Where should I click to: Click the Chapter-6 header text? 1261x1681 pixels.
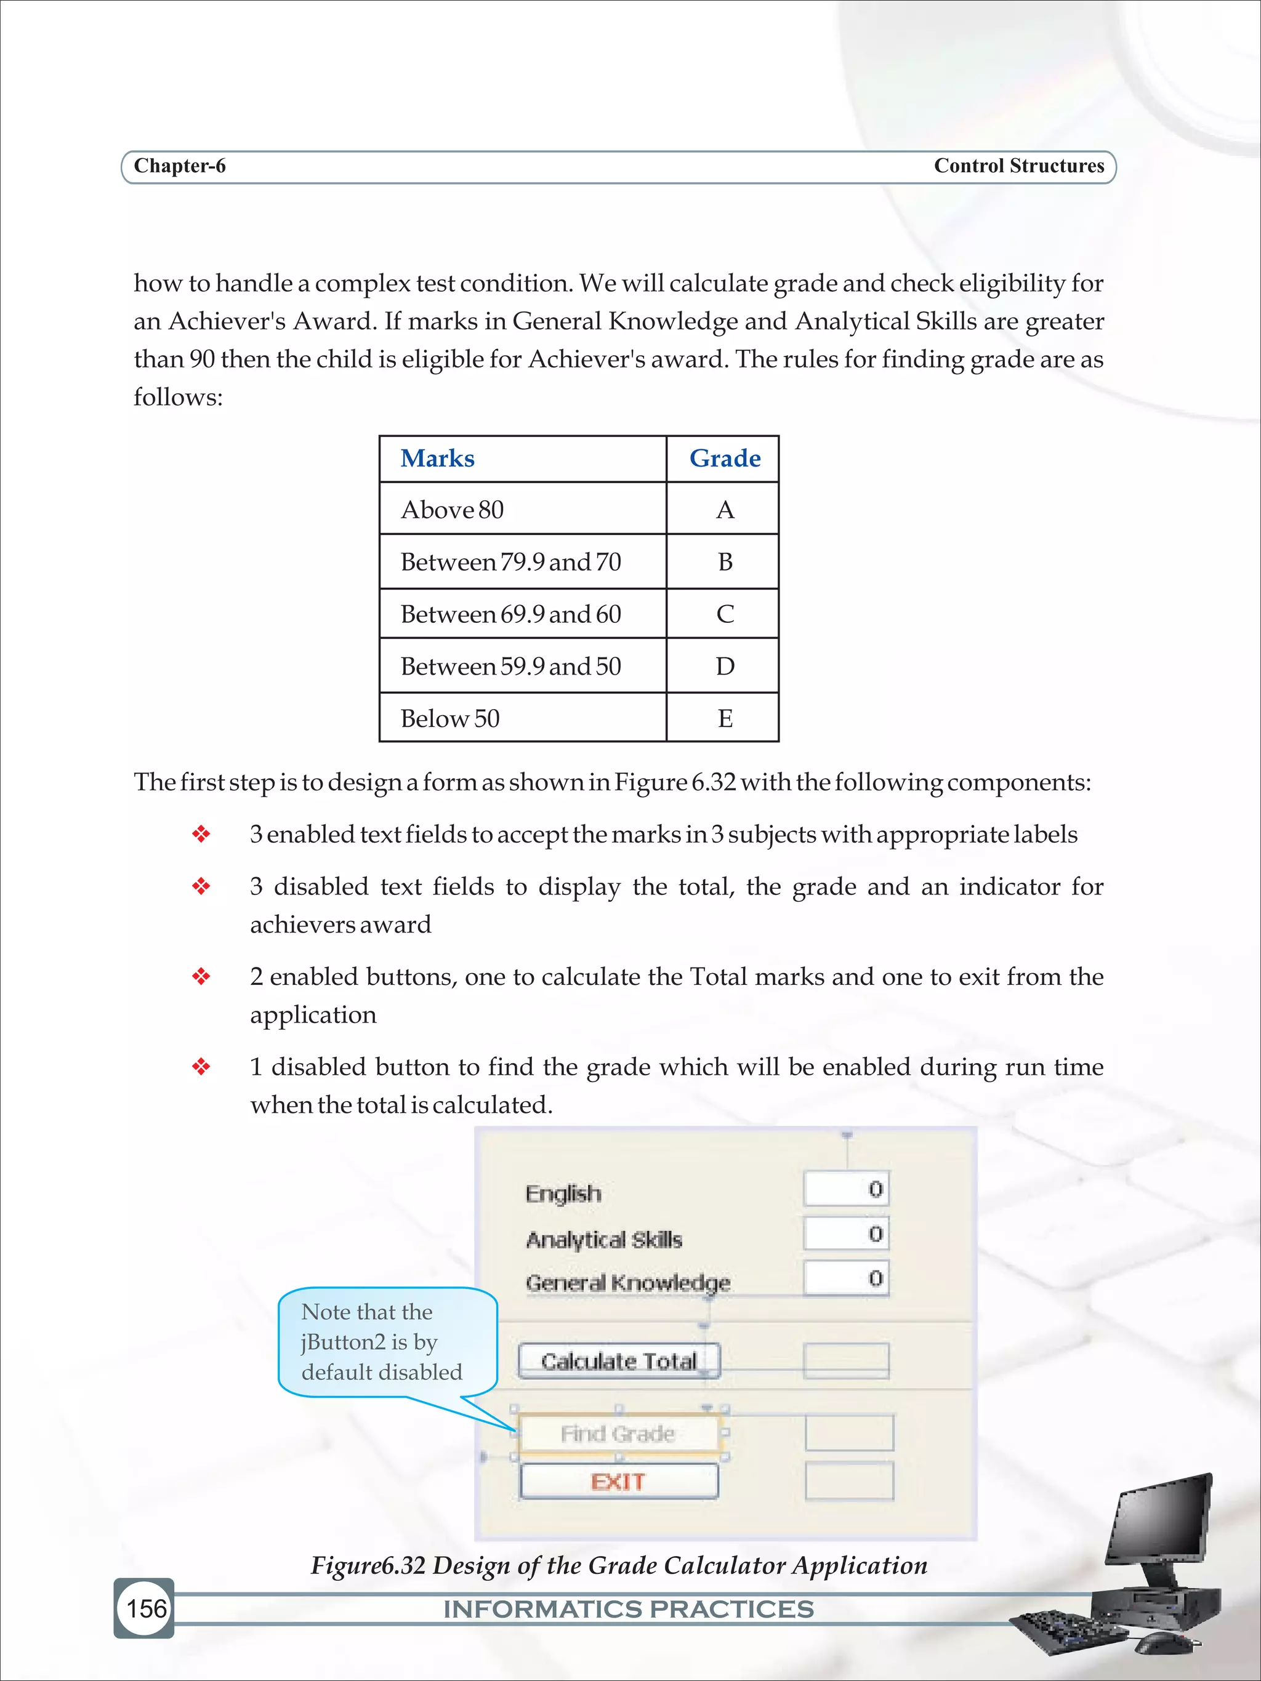point(179,166)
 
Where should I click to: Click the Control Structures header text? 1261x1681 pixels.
point(1018,166)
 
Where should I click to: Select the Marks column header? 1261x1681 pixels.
point(437,458)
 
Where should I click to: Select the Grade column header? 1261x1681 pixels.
point(723,458)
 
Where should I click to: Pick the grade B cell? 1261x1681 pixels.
point(723,561)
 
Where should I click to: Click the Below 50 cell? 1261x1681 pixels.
point(449,718)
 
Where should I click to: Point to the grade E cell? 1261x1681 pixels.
point(723,718)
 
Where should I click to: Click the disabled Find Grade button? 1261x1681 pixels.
point(617,1434)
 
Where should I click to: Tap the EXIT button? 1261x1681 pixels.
point(617,1481)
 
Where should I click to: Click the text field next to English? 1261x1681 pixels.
point(845,1189)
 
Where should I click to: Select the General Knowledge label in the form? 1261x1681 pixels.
point(627,1283)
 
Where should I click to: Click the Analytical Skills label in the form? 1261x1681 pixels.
point(603,1240)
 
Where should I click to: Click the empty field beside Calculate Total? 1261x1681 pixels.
point(845,1360)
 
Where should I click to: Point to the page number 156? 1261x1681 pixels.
point(145,1608)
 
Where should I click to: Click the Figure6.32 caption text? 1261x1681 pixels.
point(619,1565)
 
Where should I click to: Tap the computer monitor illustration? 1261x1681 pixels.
point(1161,1528)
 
